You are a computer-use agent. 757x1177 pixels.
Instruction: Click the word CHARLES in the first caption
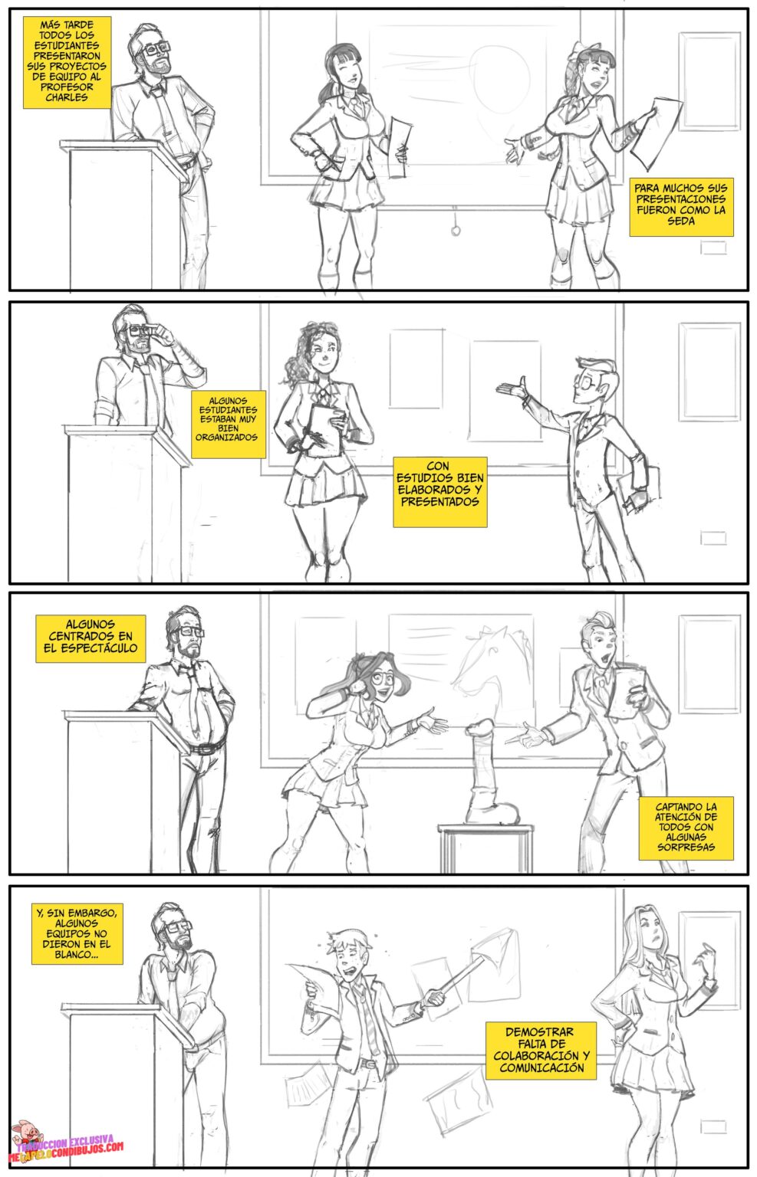(x=66, y=97)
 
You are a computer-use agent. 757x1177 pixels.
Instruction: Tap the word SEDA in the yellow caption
(x=681, y=221)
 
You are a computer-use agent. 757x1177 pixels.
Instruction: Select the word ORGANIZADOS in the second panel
(x=227, y=438)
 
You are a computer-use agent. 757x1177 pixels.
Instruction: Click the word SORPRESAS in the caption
(x=686, y=847)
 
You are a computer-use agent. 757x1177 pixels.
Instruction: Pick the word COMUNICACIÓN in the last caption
(x=541, y=1067)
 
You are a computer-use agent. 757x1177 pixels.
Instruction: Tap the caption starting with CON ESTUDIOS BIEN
(x=440, y=492)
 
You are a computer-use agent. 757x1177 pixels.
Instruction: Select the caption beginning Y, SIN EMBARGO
(x=77, y=934)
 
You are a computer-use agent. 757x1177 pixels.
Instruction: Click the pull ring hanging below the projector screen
(x=456, y=230)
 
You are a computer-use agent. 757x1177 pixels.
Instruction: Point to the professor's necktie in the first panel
(x=166, y=116)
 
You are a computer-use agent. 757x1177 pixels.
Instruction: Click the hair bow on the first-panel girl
(x=581, y=50)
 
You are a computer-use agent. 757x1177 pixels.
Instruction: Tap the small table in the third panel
(x=485, y=847)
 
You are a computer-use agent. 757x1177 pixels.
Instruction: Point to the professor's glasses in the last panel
(x=176, y=927)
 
